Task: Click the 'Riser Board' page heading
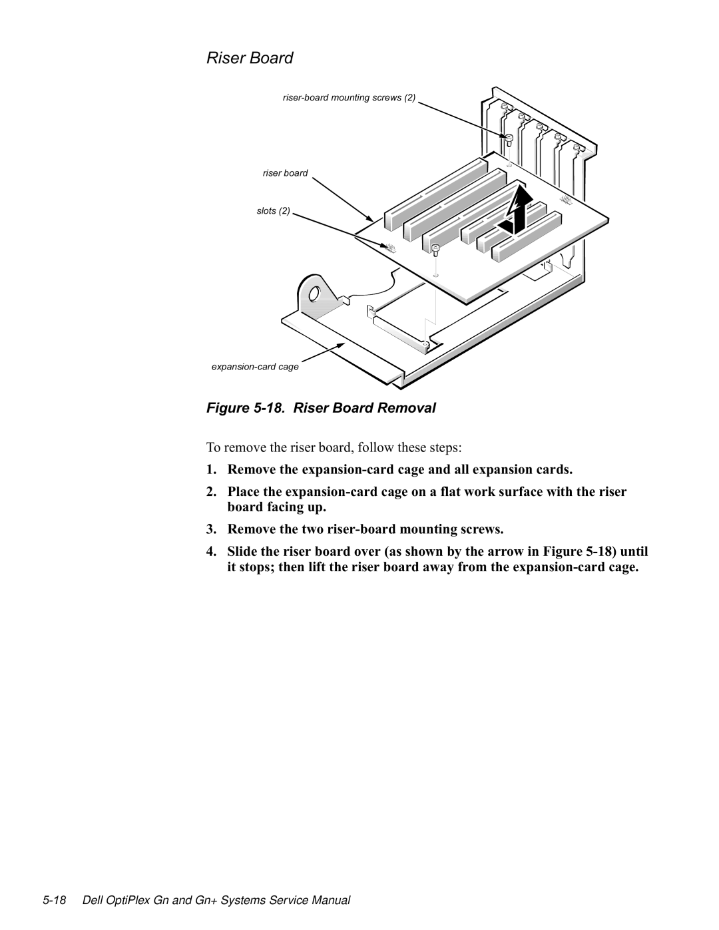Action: coord(249,59)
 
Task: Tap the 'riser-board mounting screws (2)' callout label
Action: coord(349,98)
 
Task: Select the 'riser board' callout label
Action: coord(285,173)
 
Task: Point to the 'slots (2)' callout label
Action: coord(273,211)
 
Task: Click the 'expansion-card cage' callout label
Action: coord(255,367)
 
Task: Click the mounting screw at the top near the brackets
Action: coord(509,139)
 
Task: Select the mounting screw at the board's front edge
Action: coord(435,250)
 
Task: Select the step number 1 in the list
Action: coord(210,469)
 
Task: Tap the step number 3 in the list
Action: coord(210,530)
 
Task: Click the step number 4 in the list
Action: coord(210,552)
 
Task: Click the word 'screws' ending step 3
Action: coord(483,530)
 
